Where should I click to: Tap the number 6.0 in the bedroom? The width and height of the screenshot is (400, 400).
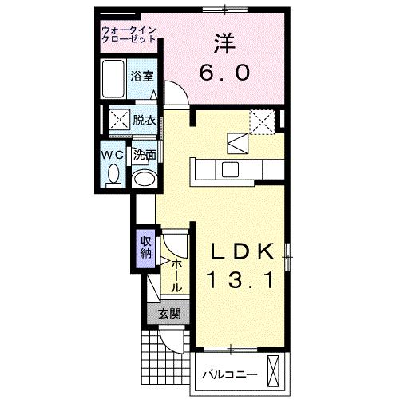tap(224, 73)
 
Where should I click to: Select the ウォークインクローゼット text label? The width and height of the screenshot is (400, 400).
tap(130, 34)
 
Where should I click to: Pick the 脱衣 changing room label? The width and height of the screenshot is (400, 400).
tap(144, 121)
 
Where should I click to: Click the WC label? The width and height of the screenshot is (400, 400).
tap(112, 154)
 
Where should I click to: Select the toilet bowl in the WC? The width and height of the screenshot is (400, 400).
tap(113, 173)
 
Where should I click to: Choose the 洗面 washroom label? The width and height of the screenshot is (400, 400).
tap(144, 155)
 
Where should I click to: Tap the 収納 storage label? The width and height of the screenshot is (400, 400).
tap(146, 248)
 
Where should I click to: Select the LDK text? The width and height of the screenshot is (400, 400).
tap(244, 251)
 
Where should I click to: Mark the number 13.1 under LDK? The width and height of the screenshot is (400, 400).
tap(243, 280)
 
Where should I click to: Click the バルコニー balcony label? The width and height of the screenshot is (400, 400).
tap(228, 374)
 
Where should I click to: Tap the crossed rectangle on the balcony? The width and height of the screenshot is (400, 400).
tap(275, 371)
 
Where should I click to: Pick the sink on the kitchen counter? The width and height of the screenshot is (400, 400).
tap(231, 168)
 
